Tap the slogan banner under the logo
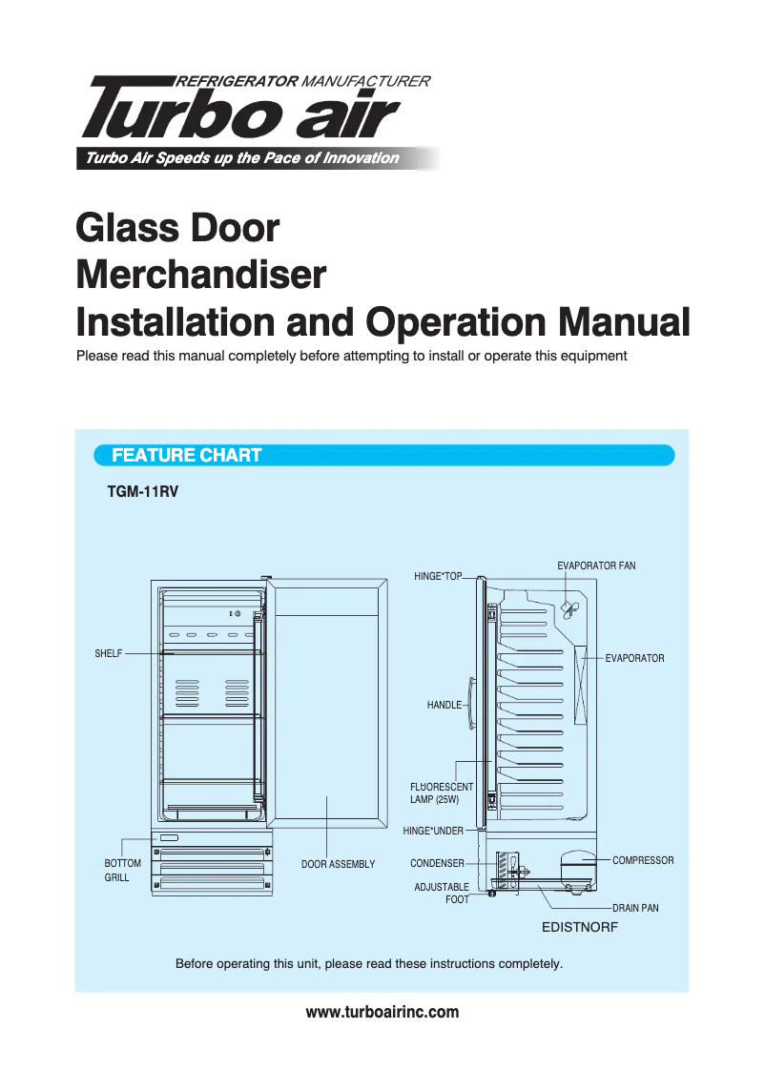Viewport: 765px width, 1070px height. click(x=243, y=158)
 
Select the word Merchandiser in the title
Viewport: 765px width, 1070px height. click(x=200, y=277)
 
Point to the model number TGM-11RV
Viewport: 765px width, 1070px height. click(x=143, y=494)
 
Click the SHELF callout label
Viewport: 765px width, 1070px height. click(x=108, y=653)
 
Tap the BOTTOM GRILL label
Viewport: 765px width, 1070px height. click(x=121, y=870)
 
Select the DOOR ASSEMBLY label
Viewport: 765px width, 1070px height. click(x=338, y=864)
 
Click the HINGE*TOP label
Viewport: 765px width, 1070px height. click(x=437, y=576)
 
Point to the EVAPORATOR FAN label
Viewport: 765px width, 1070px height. click(x=595, y=566)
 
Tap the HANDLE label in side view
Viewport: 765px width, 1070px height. click(x=444, y=705)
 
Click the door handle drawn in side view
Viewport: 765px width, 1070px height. click(x=472, y=706)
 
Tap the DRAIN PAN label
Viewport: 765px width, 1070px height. click(x=635, y=908)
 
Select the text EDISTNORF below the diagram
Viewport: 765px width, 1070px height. click(x=580, y=926)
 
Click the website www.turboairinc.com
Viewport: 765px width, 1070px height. click(x=382, y=1012)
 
